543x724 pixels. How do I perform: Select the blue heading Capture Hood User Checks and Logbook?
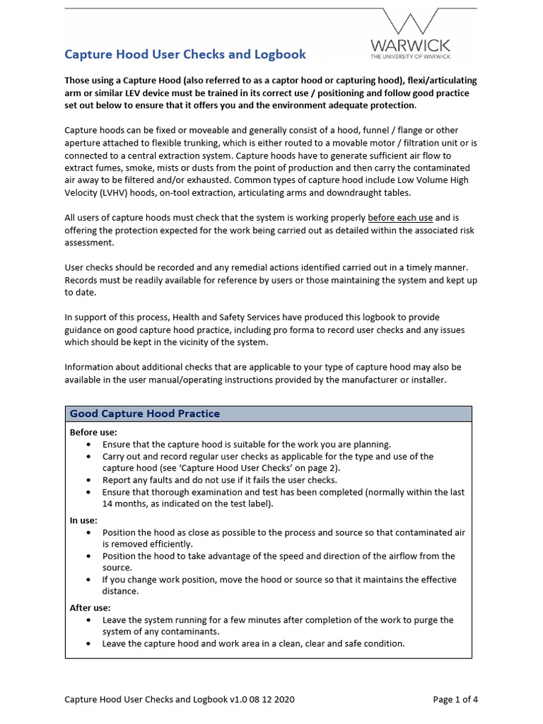[x=185, y=54]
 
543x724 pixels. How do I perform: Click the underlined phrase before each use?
[x=400, y=218]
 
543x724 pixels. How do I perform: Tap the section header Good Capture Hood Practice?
[x=145, y=414]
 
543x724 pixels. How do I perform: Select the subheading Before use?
[x=93, y=432]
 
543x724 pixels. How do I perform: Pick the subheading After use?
[x=90, y=607]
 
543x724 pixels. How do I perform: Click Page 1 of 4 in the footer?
[x=455, y=700]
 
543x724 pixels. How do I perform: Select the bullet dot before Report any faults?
[x=88, y=480]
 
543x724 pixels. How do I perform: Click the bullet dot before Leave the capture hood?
[x=88, y=643]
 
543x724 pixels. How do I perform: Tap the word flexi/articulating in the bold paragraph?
[x=438, y=81]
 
